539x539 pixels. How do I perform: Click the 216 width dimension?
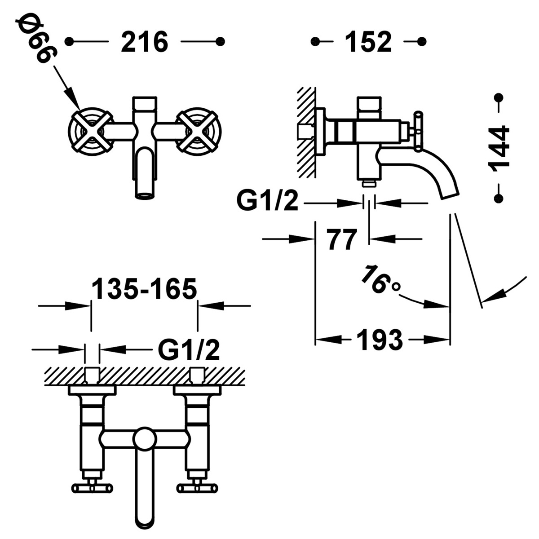pyautogui.click(x=145, y=42)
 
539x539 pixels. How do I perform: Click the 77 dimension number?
pyautogui.click(x=342, y=239)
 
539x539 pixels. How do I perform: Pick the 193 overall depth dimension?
pyautogui.click(x=380, y=340)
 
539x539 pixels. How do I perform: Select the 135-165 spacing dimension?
pyautogui.click(x=144, y=289)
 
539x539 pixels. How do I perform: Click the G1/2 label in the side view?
pyautogui.click(x=268, y=202)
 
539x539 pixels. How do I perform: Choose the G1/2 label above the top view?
pyautogui.click(x=189, y=349)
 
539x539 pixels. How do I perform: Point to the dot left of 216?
pyautogui.click(x=69, y=42)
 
